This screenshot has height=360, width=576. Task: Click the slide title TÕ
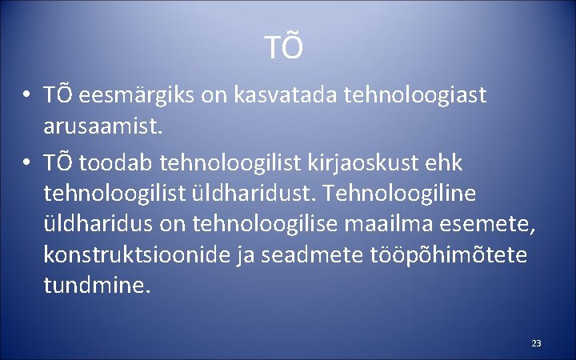[x=286, y=48]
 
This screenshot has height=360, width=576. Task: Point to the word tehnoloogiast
[x=414, y=95]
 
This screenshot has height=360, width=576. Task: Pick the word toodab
[x=117, y=162]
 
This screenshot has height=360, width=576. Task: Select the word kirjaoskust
[x=367, y=162]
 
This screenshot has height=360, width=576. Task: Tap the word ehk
[x=444, y=162]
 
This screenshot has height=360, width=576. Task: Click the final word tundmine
[x=96, y=284]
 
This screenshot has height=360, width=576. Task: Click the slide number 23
[x=536, y=343]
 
